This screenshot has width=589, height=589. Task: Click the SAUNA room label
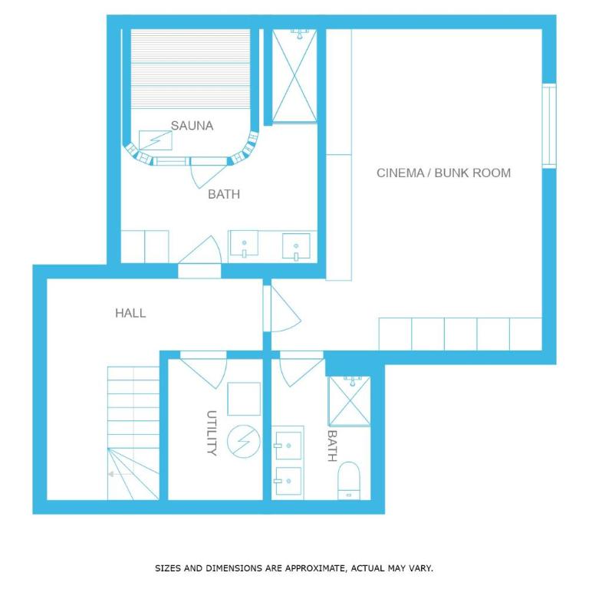click(192, 126)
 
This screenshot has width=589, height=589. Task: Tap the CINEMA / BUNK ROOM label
click(443, 173)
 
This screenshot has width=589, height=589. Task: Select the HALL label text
click(130, 313)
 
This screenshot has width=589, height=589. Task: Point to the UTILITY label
click(212, 433)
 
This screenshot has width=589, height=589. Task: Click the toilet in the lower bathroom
click(349, 481)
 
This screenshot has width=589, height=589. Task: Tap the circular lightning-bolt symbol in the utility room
click(244, 442)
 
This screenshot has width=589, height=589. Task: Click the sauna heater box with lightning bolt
click(156, 140)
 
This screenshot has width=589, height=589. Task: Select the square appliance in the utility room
click(244, 399)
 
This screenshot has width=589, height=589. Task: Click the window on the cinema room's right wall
click(549, 126)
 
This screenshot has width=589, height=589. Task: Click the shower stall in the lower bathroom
click(350, 401)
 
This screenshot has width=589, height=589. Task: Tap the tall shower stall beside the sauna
click(294, 75)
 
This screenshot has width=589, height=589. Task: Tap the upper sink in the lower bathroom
click(288, 446)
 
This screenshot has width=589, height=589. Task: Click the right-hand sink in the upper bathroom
click(296, 246)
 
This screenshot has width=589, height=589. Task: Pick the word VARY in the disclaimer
click(420, 568)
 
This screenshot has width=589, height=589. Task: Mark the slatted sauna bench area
click(190, 69)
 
